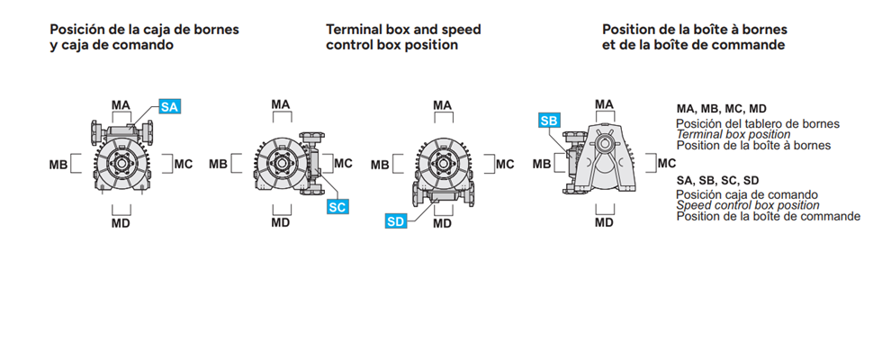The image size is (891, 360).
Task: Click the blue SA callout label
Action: (x=169, y=107)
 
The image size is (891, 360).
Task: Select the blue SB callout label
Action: (x=549, y=121)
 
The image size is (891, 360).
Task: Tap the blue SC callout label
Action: (x=337, y=207)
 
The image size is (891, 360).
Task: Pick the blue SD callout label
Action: (x=396, y=221)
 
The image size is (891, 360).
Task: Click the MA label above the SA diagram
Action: (x=121, y=105)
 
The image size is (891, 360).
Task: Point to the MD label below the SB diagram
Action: (x=604, y=222)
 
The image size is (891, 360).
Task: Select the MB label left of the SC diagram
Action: (x=218, y=164)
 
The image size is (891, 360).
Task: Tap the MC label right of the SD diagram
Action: (x=505, y=165)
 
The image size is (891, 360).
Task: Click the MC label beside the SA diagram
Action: (x=184, y=164)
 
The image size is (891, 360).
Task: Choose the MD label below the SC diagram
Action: (x=281, y=222)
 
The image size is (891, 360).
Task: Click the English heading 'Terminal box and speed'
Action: (x=403, y=30)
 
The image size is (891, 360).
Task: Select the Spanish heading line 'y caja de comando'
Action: (x=112, y=45)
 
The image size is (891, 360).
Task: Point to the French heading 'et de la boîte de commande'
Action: (x=694, y=44)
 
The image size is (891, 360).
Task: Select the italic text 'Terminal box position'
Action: (x=733, y=134)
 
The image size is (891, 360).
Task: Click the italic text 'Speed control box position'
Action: (x=748, y=205)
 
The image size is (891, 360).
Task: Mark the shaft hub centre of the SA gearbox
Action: (x=121, y=164)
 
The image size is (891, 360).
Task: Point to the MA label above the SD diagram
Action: (x=443, y=105)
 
